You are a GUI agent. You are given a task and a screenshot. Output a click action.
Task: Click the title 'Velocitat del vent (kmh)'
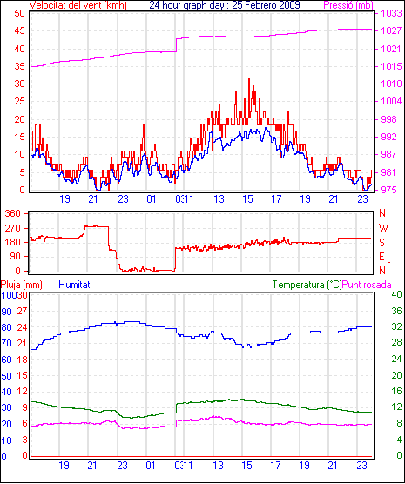pos(78,5)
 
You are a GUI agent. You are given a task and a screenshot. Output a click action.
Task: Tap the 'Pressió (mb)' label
pos(348,5)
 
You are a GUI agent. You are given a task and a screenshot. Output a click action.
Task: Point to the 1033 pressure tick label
pos(391,13)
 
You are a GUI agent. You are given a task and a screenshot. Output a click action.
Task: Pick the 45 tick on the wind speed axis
pos(19,30)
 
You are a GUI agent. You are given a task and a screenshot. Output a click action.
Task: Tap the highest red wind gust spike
pos(249,79)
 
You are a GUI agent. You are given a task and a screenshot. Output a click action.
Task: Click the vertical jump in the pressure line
pos(176,45)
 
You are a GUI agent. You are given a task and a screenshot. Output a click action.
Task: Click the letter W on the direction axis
pos(383,228)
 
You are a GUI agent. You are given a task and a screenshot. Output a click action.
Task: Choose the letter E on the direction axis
pos(382,257)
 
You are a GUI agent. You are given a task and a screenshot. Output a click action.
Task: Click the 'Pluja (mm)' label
pos(21,285)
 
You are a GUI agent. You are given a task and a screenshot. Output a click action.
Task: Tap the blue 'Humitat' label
pos(74,285)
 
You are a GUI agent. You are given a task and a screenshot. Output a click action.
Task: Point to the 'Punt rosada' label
pos(367,285)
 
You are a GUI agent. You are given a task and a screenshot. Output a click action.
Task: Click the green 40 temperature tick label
pos(396,294)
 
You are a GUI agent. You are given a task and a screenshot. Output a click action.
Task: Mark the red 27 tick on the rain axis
pos(22,311)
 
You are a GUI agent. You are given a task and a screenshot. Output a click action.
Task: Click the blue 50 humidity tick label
pos(6,376)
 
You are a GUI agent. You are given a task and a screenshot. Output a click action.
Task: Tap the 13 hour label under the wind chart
pos(219,199)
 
